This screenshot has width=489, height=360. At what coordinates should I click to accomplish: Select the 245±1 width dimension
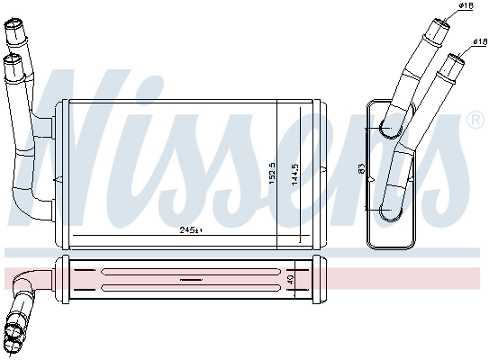coord(191,231)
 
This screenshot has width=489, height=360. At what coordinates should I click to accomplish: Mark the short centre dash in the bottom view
coord(192,280)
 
